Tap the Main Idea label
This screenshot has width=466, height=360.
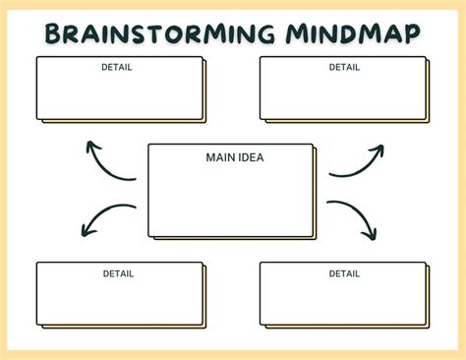pyautogui.click(x=234, y=156)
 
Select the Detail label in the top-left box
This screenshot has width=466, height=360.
pyautogui.click(x=117, y=68)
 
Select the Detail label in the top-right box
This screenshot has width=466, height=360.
pyautogui.click(x=344, y=68)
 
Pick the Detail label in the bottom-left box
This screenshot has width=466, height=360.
pyautogui.click(x=118, y=273)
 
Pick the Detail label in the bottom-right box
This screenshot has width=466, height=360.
pyautogui.click(x=344, y=273)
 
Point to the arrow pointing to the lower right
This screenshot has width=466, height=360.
pyautogui.click(x=353, y=219)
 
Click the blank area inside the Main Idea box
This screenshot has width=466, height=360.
pyautogui.click(x=231, y=202)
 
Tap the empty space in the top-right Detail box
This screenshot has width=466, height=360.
pyautogui.click(x=342, y=96)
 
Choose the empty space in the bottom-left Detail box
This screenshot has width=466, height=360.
pyautogui.click(x=118, y=301)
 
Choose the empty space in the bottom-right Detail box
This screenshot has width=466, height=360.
pyautogui.click(x=342, y=301)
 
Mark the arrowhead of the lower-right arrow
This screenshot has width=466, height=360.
pyautogui.click(x=371, y=235)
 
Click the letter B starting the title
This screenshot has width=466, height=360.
pyautogui.click(x=55, y=33)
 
